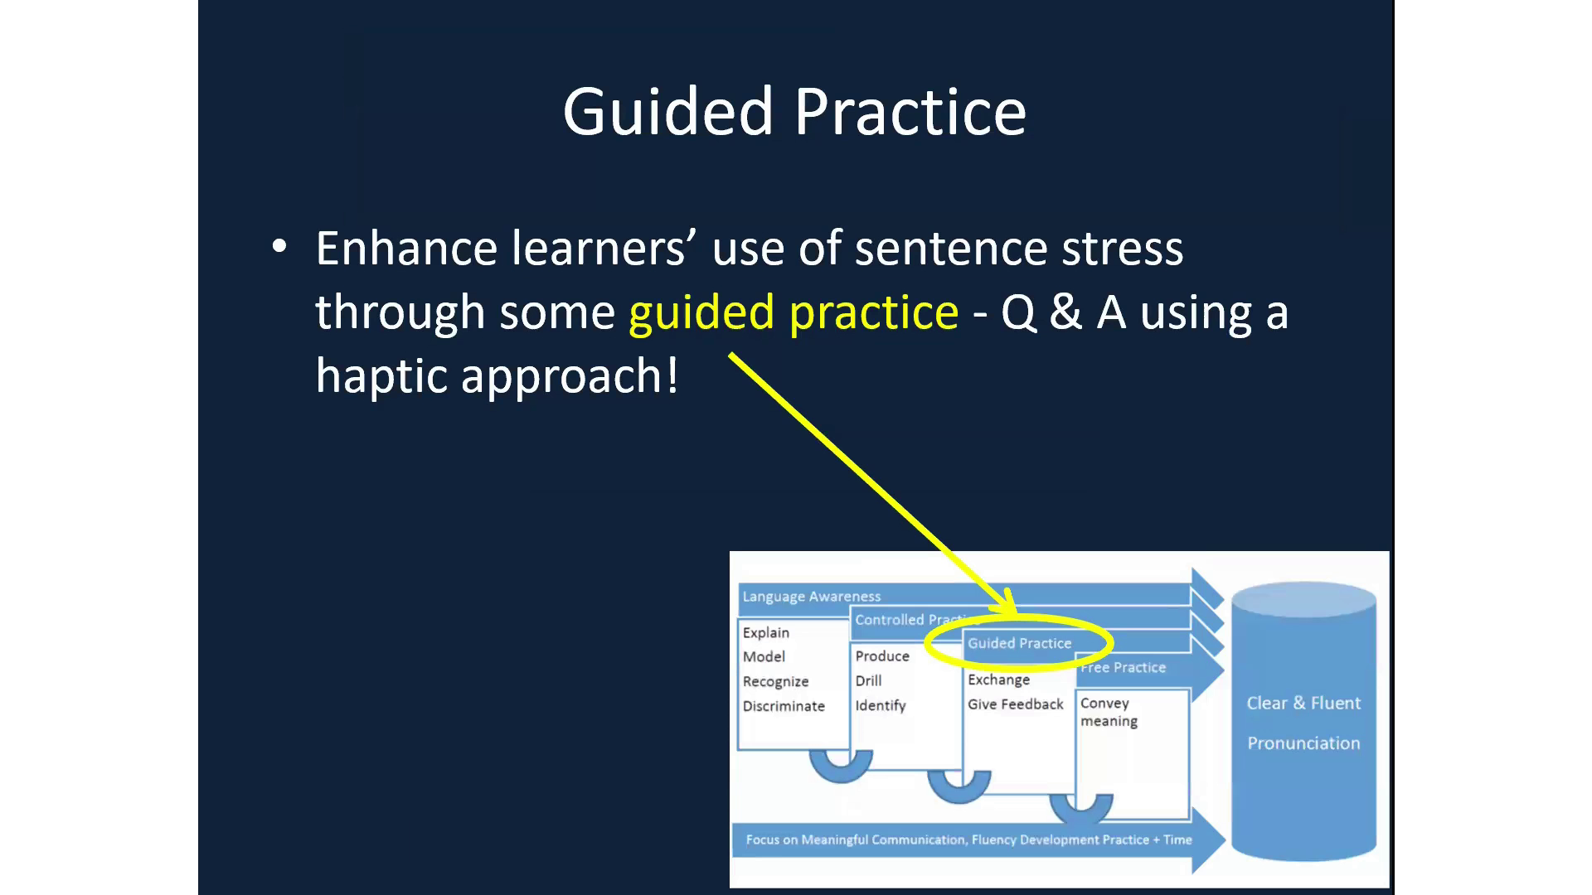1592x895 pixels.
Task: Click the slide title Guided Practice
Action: click(x=794, y=112)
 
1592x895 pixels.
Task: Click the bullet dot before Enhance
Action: click(x=279, y=247)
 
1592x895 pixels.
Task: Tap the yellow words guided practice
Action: click(x=794, y=313)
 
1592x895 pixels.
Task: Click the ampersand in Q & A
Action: click(x=1065, y=313)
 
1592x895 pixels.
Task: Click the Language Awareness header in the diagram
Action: click(x=811, y=597)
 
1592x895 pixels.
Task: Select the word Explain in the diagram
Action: click(x=765, y=632)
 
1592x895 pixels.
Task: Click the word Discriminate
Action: click(x=784, y=706)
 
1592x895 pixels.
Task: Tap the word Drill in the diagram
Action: click(x=868, y=680)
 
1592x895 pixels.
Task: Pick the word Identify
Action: click(x=880, y=705)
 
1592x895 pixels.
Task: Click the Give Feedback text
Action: click(x=1015, y=704)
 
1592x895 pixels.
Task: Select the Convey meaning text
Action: click(x=1108, y=712)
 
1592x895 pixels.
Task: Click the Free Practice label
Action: click(x=1124, y=668)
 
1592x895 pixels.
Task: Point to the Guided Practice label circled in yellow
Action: click(x=1019, y=643)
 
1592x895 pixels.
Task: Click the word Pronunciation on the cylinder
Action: click(x=1303, y=743)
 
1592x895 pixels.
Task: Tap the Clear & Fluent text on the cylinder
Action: click(x=1303, y=703)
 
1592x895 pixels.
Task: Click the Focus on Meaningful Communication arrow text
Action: click(x=968, y=839)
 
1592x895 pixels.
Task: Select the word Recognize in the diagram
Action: click(x=775, y=681)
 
